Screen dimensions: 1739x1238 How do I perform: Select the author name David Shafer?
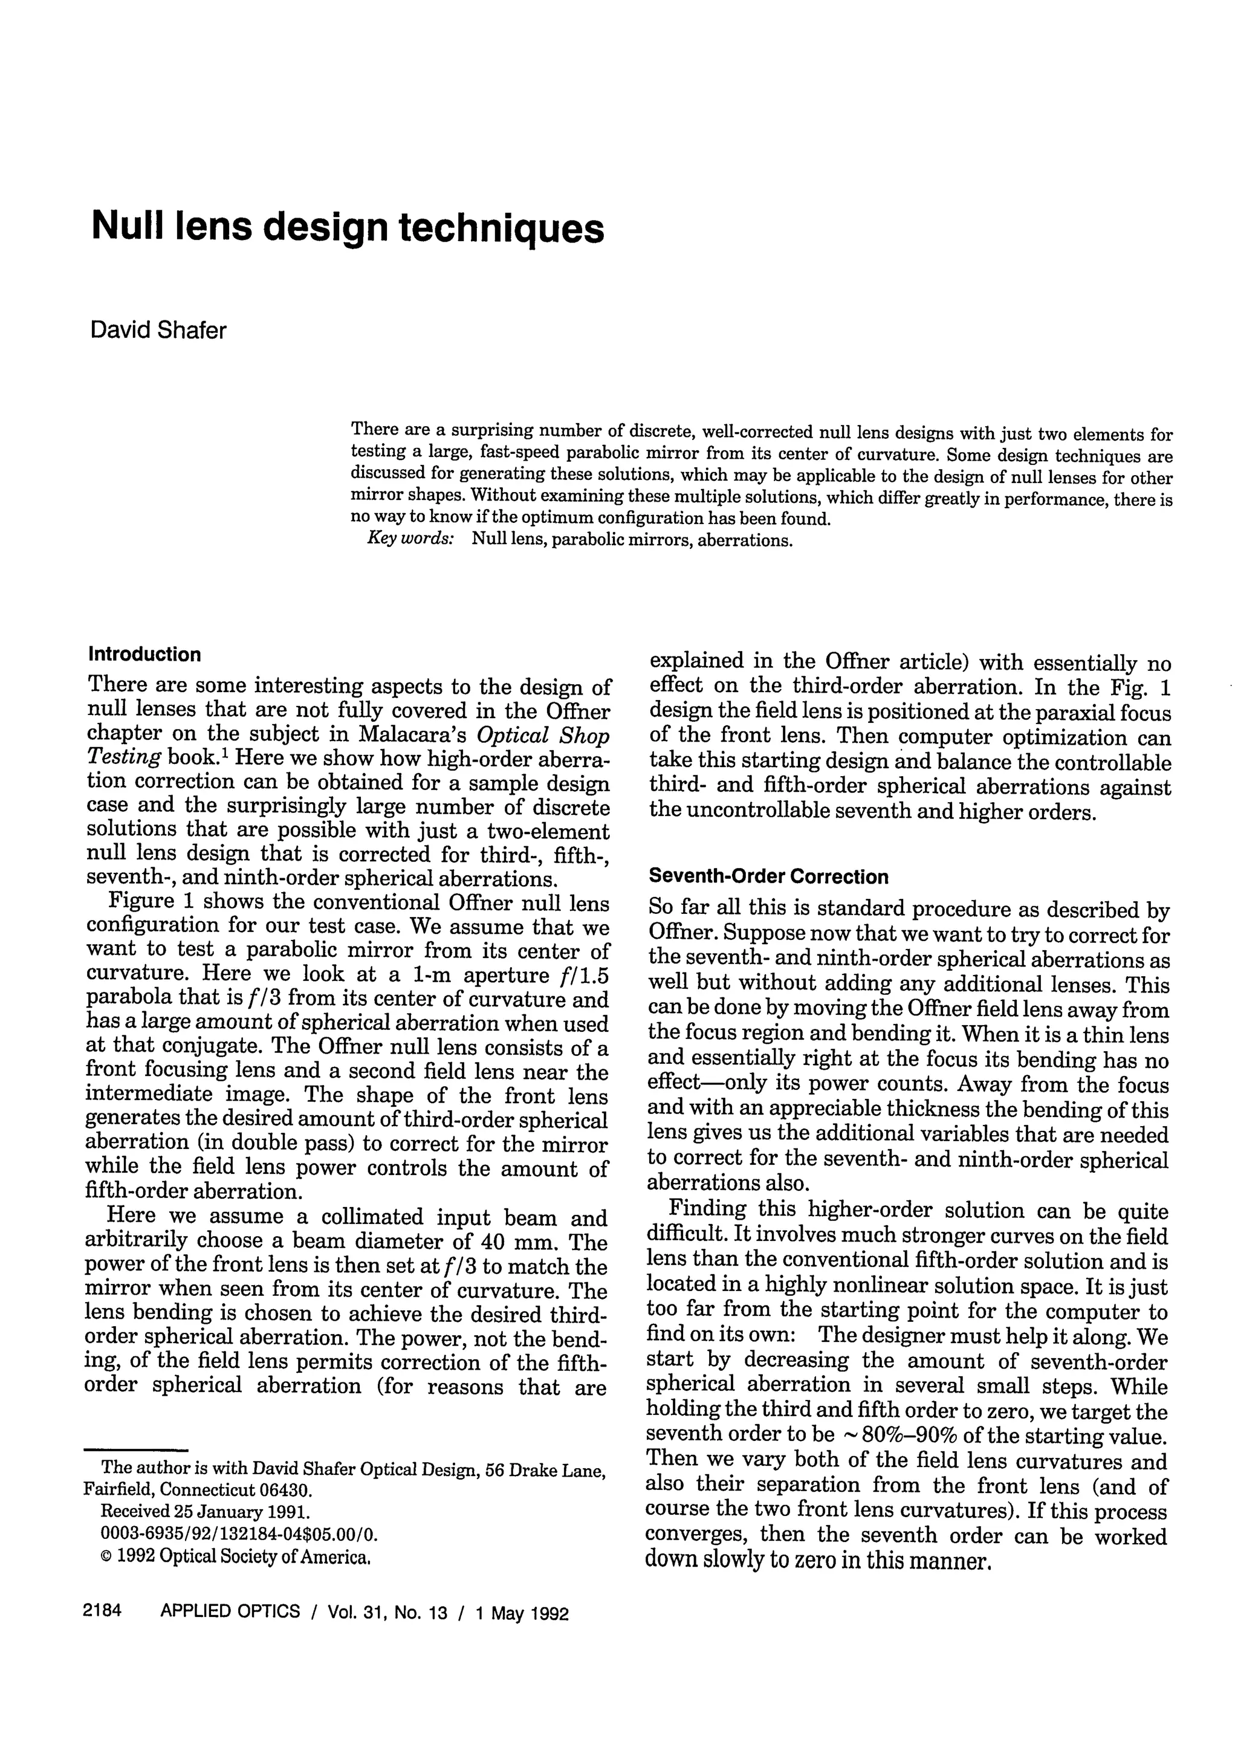(158, 331)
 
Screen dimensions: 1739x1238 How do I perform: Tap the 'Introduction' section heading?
(145, 655)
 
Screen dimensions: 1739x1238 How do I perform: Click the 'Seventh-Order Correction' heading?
(768, 876)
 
